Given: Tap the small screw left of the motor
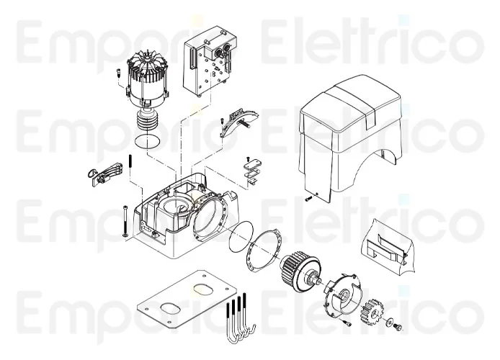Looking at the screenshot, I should click(x=117, y=73).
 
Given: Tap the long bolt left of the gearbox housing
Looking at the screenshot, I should click(x=125, y=220).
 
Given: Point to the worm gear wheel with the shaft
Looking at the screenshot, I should click(x=298, y=271).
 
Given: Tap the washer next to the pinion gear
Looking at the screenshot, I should click(x=388, y=318).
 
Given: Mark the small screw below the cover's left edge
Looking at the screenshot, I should click(x=308, y=199).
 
